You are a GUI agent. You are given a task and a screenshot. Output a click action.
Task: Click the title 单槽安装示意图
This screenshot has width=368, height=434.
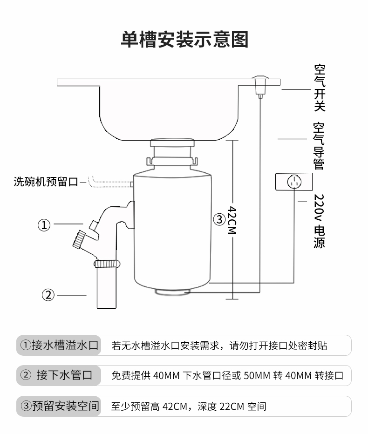tap(184, 40)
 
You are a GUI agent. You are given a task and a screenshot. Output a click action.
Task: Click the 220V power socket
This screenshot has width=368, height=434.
tap(293, 181)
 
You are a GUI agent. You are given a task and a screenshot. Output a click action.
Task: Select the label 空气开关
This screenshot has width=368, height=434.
tap(319, 88)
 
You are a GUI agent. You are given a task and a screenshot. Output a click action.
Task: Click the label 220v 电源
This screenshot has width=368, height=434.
tap(319, 221)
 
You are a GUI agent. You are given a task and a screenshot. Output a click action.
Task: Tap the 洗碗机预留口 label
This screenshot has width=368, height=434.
tap(46, 182)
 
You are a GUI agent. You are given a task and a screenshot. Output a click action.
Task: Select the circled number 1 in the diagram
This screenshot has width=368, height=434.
tap(44, 225)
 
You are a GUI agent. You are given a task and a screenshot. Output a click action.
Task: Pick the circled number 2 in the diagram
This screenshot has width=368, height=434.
tap(49, 295)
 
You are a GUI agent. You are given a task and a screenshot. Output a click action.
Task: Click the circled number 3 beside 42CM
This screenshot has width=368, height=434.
tap(219, 219)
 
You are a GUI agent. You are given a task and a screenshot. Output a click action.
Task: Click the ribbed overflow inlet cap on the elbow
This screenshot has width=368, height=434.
tap(76, 239)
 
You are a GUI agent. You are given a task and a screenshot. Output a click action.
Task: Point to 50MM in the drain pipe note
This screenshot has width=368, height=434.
tap(254, 376)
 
